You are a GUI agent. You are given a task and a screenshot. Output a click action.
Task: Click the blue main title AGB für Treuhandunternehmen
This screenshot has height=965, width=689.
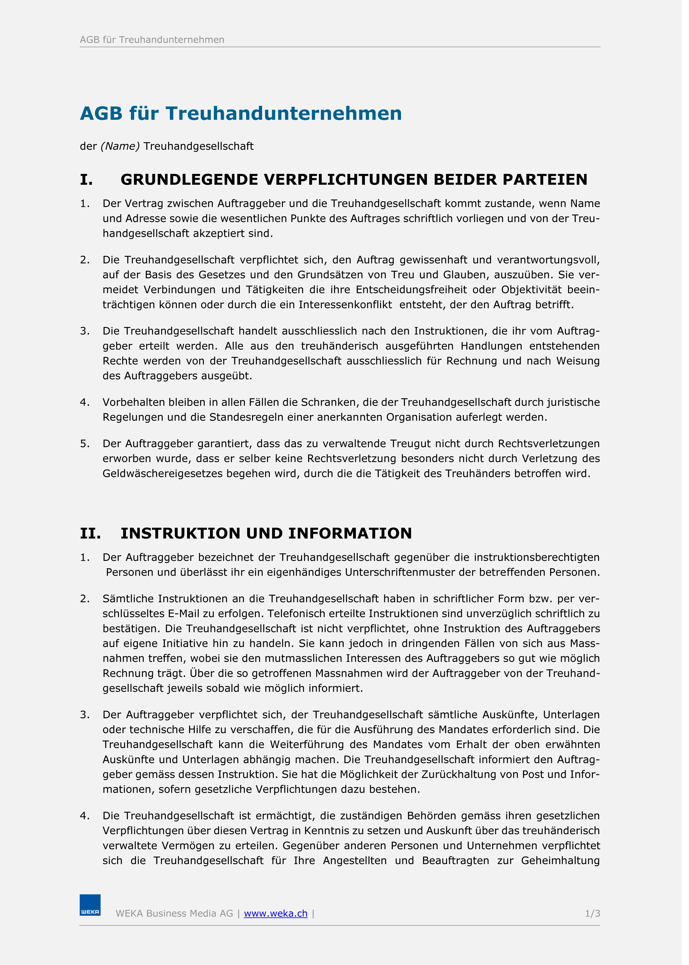click(241, 113)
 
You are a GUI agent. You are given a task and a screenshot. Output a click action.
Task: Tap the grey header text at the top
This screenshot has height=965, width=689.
click(152, 40)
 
